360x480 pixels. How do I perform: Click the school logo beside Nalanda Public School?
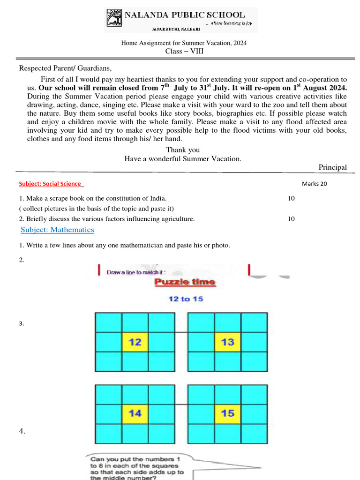click(x=114, y=20)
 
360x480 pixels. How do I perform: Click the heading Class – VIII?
click(x=184, y=51)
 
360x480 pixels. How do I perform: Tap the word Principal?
click(x=332, y=167)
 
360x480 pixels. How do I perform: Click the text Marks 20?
click(x=314, y=184)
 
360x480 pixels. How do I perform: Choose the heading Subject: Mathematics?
click(x=57, y=230)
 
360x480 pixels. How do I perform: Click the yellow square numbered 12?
click(x=135, y=342)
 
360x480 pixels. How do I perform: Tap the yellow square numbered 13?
click(x=228, y=342)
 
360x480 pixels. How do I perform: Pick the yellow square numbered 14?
click(x=135, y=413)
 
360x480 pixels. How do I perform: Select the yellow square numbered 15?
click(x=228, y=413)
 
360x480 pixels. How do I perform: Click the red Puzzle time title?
click(x=185, y=282)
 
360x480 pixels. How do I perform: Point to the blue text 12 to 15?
click(x=186, y=299)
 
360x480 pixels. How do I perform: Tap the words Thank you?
click(x=183, y=150)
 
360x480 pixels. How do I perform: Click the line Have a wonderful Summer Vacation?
click(x=183, y=159)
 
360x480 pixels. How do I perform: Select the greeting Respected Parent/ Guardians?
click(x=65, y=68)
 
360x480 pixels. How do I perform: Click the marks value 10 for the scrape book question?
click(x=291, y=198)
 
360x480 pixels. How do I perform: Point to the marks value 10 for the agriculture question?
click(x=291, y=219)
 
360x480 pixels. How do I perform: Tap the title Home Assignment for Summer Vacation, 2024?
click(x=184, y=43)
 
